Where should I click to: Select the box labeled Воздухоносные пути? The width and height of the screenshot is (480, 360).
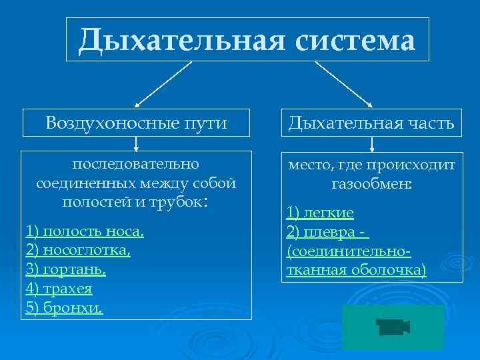[x=137, y=123]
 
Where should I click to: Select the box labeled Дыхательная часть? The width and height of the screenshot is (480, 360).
[x=371, y=123]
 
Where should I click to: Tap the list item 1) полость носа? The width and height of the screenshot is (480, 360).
[x=85, y=231]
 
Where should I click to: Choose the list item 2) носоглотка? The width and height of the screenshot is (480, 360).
[x=78, y=251]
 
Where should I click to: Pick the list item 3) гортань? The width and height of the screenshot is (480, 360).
[x=65, y=270]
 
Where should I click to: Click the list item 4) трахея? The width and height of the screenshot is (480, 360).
[x=59, y=289]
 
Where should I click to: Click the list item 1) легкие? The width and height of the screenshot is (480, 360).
[x=320, y=213]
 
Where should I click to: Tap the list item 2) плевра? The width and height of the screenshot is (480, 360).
[x=327, y=232]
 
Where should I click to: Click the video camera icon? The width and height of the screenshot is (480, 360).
[x=393, y=327]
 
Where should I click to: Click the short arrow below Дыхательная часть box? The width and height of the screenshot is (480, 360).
[x=371, y=143]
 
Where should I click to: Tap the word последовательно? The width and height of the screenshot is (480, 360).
[x=136, y=163]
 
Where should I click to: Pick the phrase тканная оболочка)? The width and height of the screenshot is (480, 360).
[x=355, y=270]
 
